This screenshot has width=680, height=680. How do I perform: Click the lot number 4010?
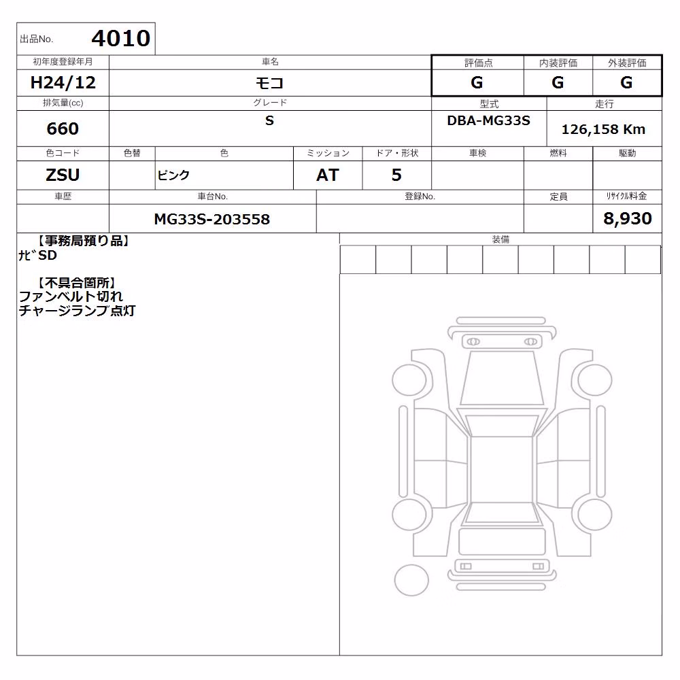(121, 38)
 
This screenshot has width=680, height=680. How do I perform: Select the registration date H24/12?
(63, 82)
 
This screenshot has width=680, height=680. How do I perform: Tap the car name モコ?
(269, 82)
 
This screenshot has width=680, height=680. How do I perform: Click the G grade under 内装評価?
(558, 82)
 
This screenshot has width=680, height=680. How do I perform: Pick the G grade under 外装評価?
(626, 82)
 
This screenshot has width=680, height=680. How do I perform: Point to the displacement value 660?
(63, 129)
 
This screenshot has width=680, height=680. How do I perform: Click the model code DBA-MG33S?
(488, 120)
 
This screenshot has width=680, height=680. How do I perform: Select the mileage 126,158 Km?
(603, 129)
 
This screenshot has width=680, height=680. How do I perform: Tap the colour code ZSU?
(63, 175)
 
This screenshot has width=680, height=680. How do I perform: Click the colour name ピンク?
(173, 175)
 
